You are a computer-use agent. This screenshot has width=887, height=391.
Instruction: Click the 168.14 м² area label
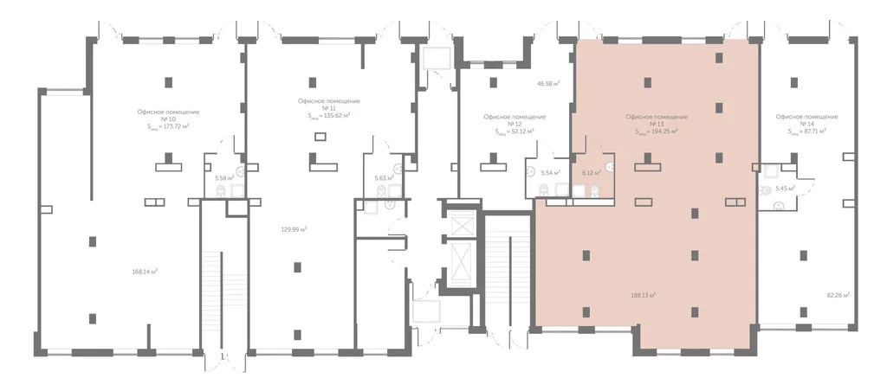tap(144, 272)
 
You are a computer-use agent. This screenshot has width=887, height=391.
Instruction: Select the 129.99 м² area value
tap(295, 229)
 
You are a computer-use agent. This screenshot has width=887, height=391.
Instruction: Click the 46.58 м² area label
tap(547, 84)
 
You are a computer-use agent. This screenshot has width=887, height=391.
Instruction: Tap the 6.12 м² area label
tap(592, 173)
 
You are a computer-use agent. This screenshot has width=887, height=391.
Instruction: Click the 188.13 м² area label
tap(643, 294)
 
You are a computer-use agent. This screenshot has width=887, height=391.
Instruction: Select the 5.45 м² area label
tap(784, 188)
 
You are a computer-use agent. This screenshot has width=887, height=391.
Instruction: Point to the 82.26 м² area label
tap(838, 294)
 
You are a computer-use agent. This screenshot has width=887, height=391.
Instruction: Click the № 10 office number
tap(168, 119)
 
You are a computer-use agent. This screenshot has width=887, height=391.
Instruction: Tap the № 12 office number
tap(515, 124)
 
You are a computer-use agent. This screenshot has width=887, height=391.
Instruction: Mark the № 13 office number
tap(656, 124)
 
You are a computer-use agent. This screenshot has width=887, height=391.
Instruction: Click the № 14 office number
tap(806, 124)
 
